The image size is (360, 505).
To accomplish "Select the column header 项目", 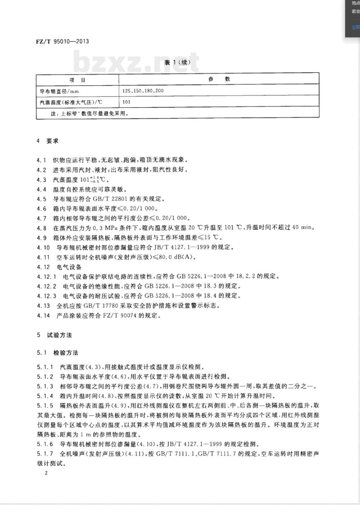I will tap(77, 79).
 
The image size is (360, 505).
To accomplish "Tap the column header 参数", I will tap(219, 79).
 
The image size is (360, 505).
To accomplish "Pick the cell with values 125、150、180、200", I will tap(143, 91).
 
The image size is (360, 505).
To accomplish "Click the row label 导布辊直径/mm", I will tap(59, 91).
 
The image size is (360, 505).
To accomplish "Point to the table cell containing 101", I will tap(126, 102).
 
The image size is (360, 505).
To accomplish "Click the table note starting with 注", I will tap(90, 113).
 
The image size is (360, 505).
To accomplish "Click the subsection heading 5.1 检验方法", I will tap(58, 352).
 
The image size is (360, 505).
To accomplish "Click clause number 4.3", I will tap(42, 179).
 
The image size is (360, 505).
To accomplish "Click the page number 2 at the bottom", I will tap(46, 473).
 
